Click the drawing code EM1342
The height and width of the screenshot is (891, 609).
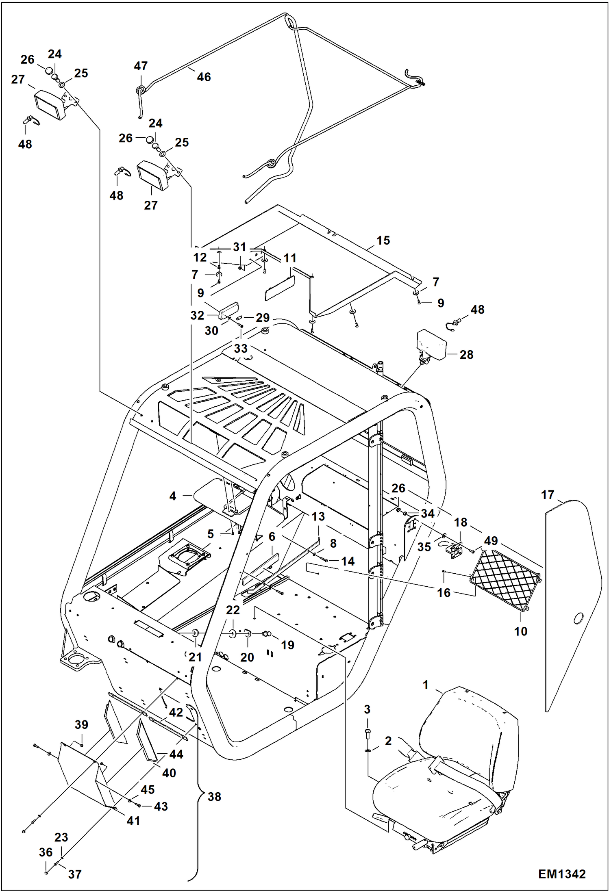pos(561,874)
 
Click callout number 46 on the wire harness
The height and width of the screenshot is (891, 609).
pos(204,77)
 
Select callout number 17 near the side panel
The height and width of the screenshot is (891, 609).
pos(547,494)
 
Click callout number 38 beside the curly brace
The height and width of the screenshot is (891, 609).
pos(214,797)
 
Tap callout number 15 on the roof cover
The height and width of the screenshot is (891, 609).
pos(383,240)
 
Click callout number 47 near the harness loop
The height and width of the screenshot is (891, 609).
pos(141,66)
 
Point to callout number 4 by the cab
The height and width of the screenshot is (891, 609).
pos(173,496)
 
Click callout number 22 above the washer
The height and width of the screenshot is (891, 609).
pos(233,610)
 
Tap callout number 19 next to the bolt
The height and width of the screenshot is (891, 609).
pos(287,645)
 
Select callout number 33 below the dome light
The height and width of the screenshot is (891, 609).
pos(241,348)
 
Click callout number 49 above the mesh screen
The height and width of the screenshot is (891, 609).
pos(491,541)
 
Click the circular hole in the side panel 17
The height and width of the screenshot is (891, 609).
pos(578,619)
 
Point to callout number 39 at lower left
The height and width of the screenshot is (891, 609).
pos(81,725)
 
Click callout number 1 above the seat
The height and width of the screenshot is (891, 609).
pos(425,685)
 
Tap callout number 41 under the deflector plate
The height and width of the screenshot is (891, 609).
pos(133,821)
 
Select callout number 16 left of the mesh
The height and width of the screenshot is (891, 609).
pos(444,592)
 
